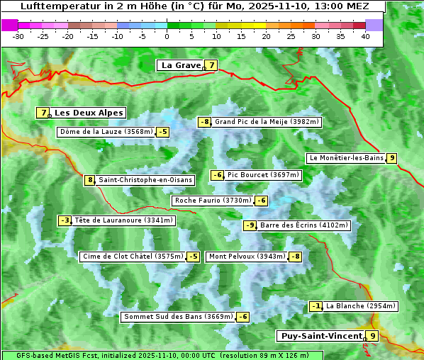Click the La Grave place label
tap(180, 65)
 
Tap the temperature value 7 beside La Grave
tap(211, 65)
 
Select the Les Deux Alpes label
tap(89, 113)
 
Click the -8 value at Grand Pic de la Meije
tap(205, 122)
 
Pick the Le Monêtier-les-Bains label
tap(346, 158)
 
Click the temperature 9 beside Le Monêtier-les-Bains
tap(391, 158)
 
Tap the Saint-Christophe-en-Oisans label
tap(145, 180)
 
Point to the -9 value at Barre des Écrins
tap(250, 225)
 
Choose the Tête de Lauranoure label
tap(123, 220)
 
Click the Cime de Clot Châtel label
tap(133, 257)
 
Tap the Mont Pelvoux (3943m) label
tap(247, 257)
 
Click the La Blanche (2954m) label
tap(361, 306)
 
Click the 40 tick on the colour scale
tap(365, 35)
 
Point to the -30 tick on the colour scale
tap(18, 35)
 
